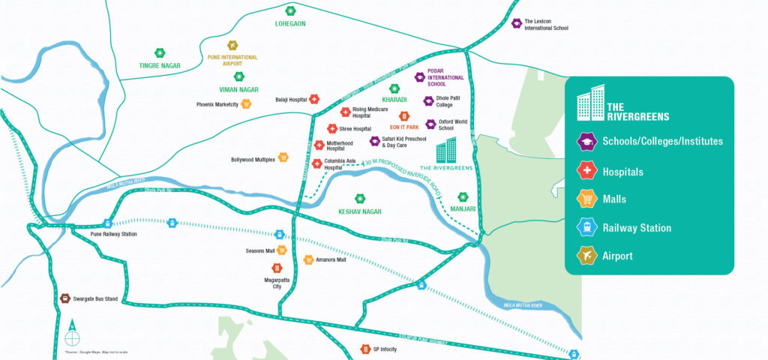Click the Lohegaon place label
[290, 24]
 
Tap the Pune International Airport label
[232, 61]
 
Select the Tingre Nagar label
[160, 66]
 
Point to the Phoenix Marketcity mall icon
[246, 104]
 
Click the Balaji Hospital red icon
[315, 99]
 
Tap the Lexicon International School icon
[516, 24]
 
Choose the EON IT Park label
[403, 127]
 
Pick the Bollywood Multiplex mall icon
[283, 157]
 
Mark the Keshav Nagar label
[360, 212]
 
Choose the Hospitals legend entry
[622, 172]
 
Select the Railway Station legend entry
[637, 228]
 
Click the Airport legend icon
[586, 256]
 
